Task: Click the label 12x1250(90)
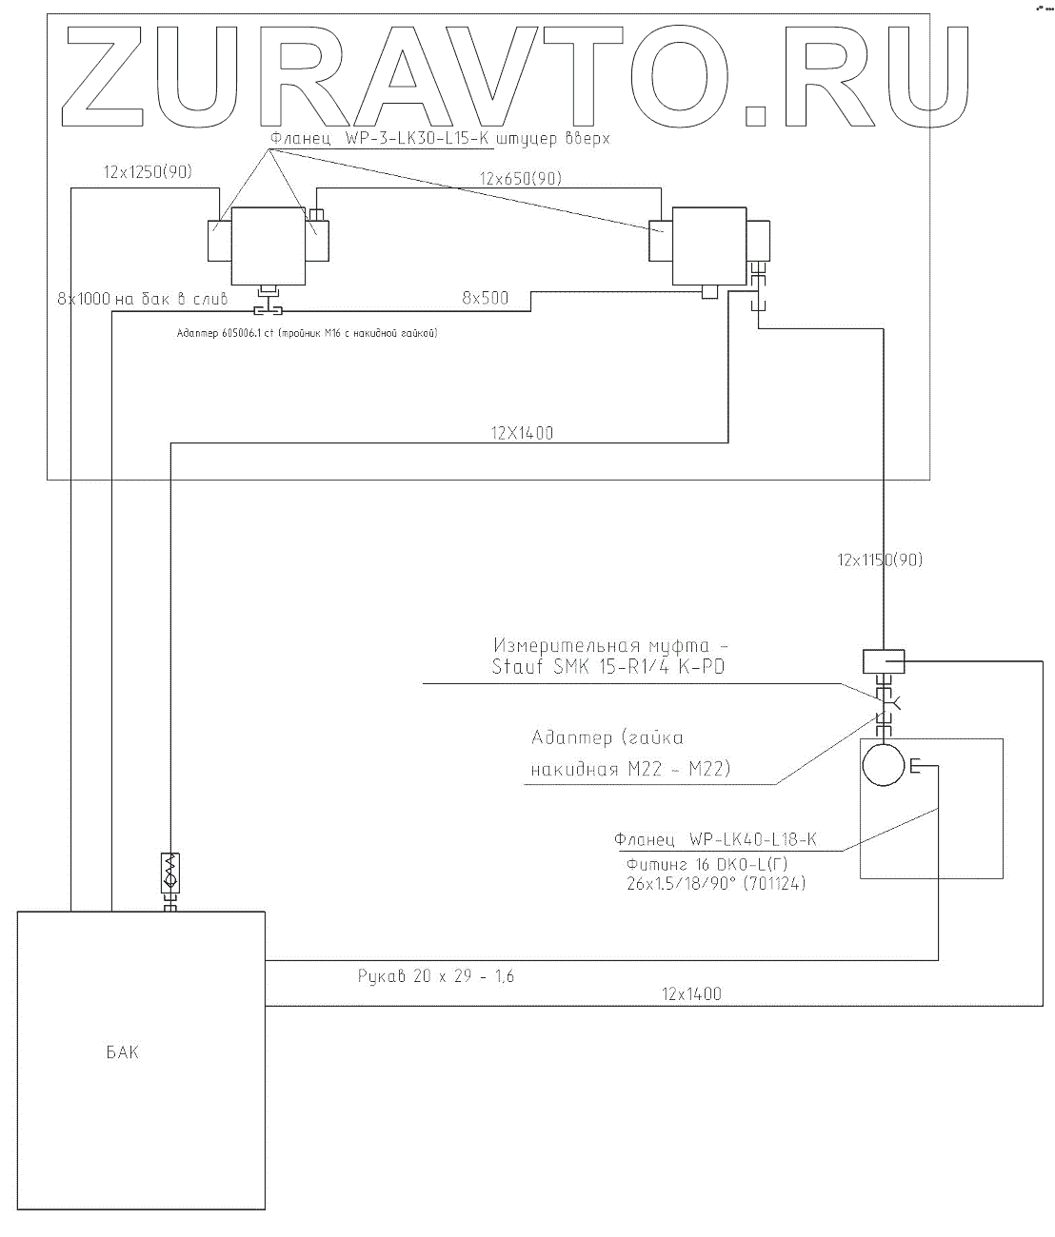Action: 147,173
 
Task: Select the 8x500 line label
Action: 486,298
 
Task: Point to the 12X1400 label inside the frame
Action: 522,433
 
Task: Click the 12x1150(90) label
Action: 880,560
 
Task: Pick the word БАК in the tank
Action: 122,1052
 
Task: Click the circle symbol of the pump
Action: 884,763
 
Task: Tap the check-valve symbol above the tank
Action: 169,874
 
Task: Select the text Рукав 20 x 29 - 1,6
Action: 436,975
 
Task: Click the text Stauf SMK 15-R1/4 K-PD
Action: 607,666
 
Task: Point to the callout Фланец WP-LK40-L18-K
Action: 715,840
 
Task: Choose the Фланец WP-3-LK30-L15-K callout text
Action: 439,138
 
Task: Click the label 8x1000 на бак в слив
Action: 143,298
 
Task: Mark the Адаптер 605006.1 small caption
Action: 306,333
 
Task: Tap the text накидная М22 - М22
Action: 630,770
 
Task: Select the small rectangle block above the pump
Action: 883,659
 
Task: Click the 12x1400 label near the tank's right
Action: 691,994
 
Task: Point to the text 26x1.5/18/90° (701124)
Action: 715,884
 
